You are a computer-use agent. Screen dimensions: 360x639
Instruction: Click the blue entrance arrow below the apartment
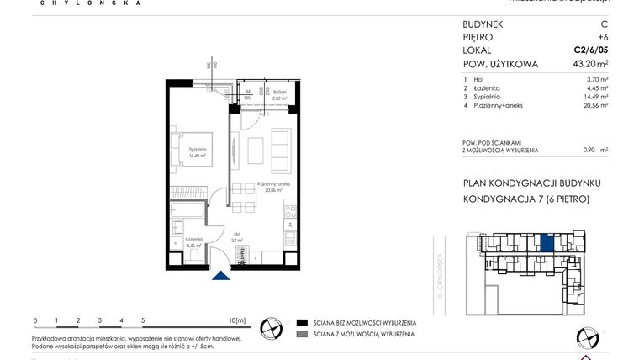pyautogui.click(x=220, y=276)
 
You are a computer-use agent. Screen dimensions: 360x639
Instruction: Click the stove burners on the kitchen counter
pyautogui.click(x=289, y=209)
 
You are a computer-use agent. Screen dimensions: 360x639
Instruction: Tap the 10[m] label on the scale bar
pyautogui.click(x=237, y=320)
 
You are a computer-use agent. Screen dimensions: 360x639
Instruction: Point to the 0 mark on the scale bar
pyautogui.click(x=35, y=320)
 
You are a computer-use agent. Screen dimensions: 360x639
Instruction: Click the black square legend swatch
pyautogui.click(x=301, y=322)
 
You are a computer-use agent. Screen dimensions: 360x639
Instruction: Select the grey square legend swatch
pyautogui.click(x=301, y=335)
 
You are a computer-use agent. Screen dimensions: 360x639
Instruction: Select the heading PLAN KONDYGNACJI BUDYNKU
pyautogui.click(x=520, y=183)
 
